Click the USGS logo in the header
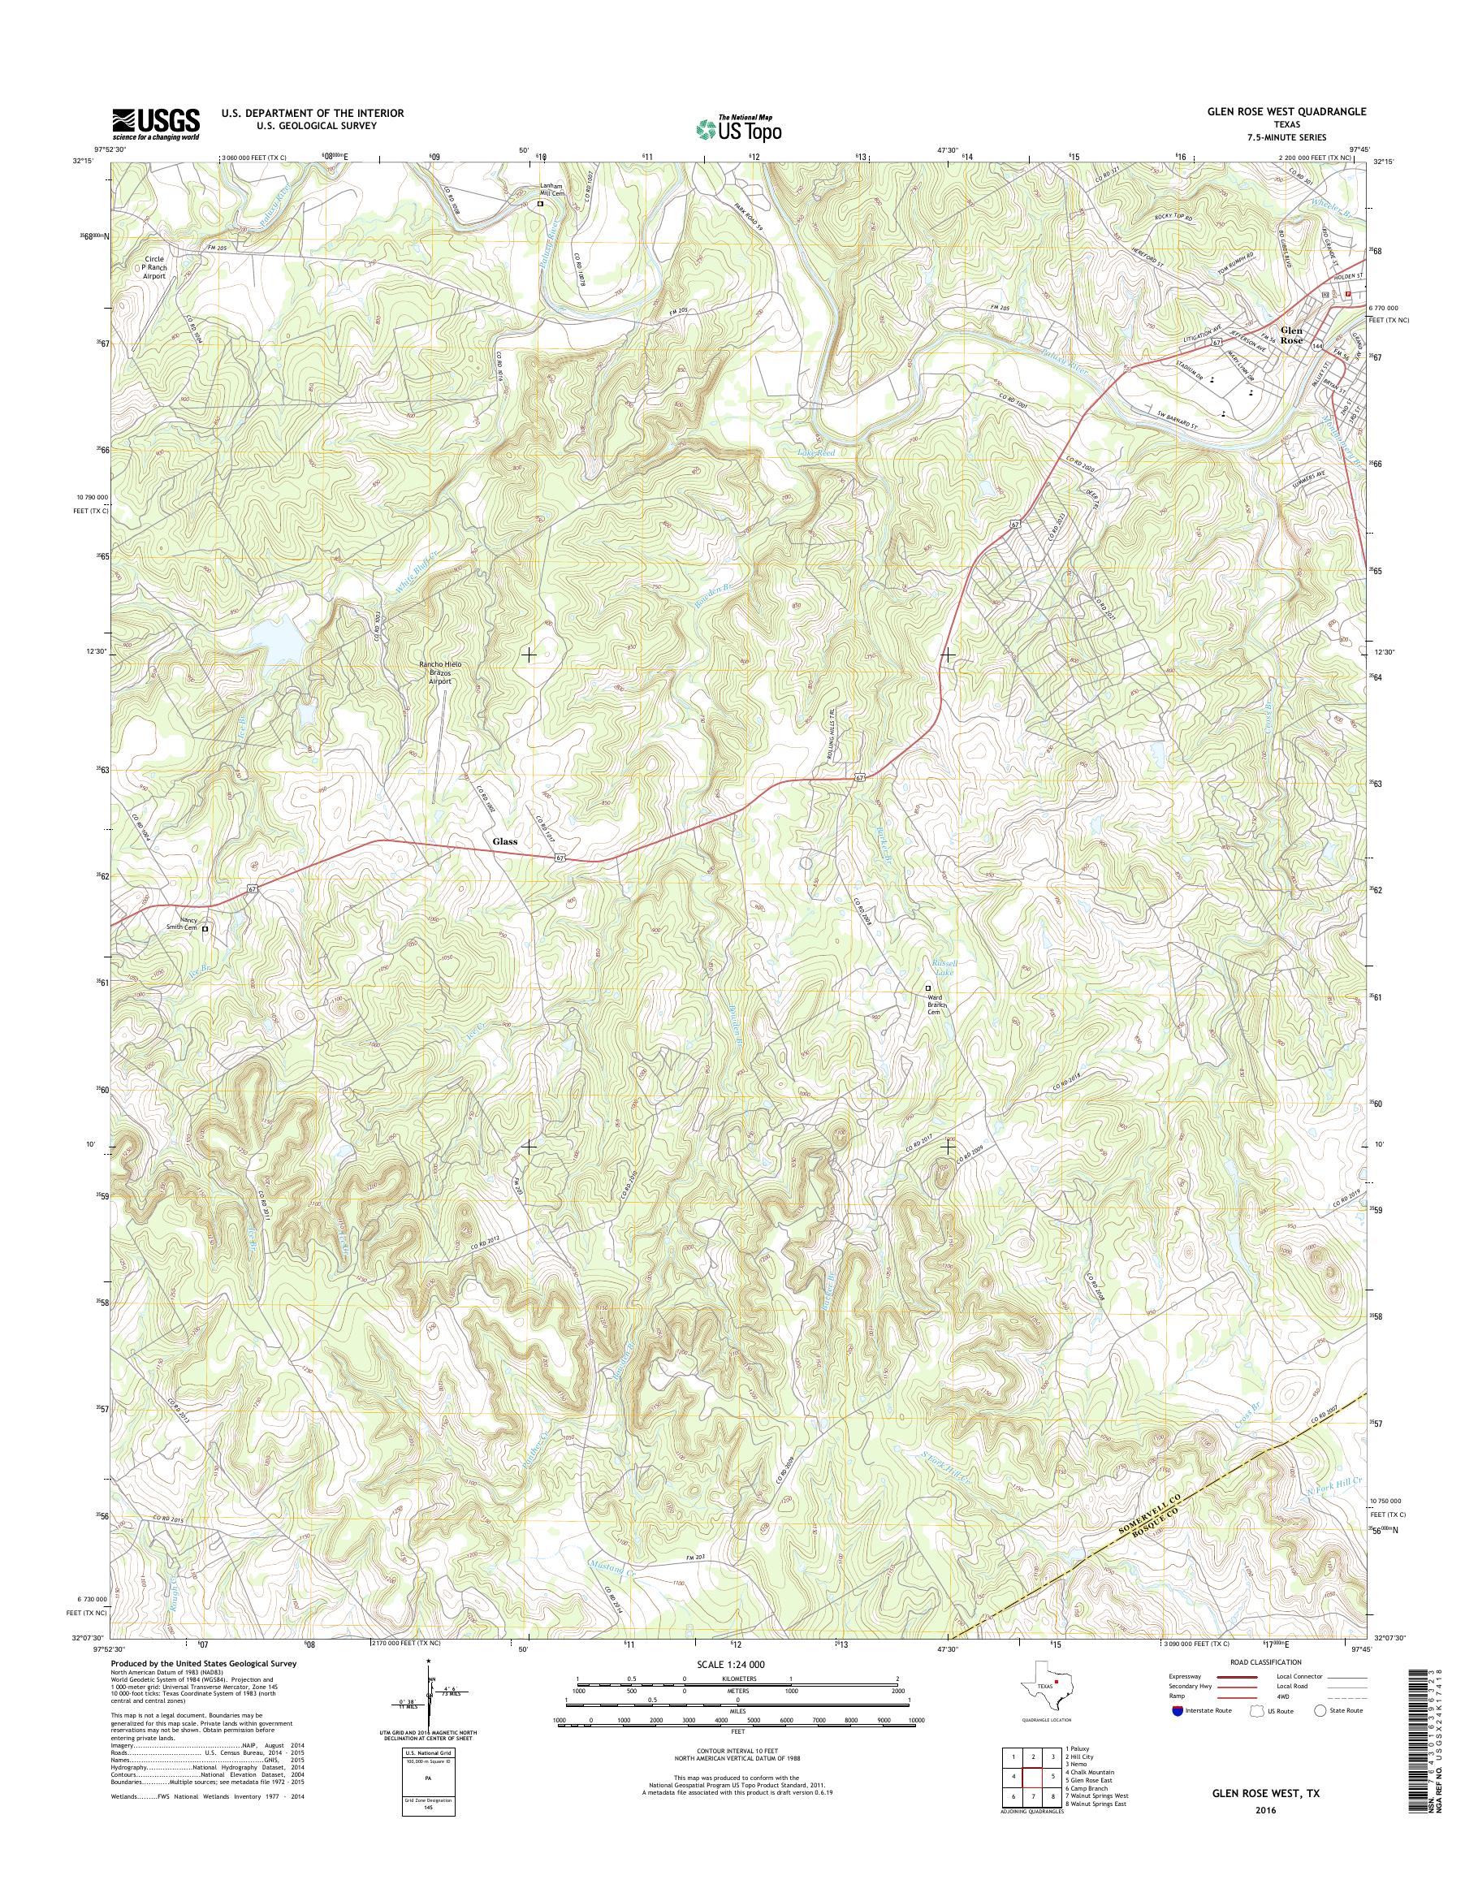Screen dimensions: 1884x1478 click(x=156, y=124)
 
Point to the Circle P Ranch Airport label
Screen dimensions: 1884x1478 click(x=154, y=267)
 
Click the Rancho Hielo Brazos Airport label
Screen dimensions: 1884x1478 click(x=440, y=672)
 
